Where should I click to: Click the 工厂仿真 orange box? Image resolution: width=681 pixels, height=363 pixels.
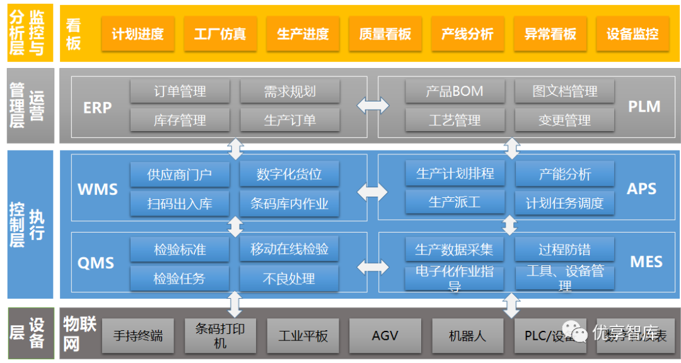(x=220, y=34)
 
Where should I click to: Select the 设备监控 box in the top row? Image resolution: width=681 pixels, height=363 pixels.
(x=632, y=34)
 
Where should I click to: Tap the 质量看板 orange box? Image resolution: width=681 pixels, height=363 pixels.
(x=385, y=34)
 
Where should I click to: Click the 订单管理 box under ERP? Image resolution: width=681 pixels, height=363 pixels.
(x=180, y=91)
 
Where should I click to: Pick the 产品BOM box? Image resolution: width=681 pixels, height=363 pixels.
(x=455, y=91)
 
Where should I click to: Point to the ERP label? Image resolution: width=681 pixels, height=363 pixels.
(x=97, y=108)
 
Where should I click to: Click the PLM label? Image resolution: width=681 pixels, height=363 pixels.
(x=644, y=107)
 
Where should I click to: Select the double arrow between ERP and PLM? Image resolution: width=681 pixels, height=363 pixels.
(x=373, y=106)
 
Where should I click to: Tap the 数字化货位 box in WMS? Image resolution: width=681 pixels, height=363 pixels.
(x=289, y=175)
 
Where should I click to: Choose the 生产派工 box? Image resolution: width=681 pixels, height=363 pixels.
(x=455, y=203)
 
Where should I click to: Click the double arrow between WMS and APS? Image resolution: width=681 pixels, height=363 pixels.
(x=373, y=189)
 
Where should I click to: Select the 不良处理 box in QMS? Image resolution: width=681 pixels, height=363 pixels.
(x=289, y=279)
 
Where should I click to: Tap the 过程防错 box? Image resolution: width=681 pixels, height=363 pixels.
(x=564, y=250)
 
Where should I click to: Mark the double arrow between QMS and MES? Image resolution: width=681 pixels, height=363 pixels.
(x=373, y=266)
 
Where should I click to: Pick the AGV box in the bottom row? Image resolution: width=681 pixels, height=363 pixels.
(x=385, y=336)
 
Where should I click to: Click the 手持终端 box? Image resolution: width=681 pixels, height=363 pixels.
(x=138, y=336)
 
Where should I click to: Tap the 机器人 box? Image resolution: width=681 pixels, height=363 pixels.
(x=467, y=336)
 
